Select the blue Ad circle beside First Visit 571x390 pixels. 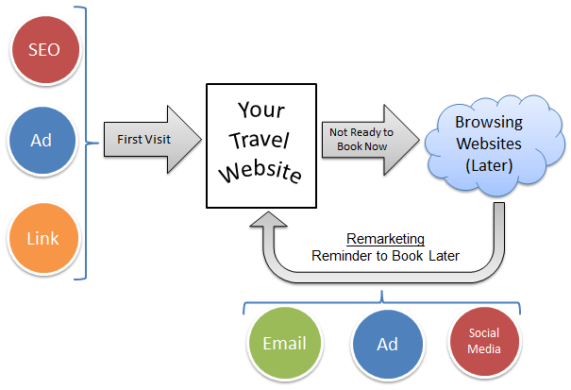point(41,139)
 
